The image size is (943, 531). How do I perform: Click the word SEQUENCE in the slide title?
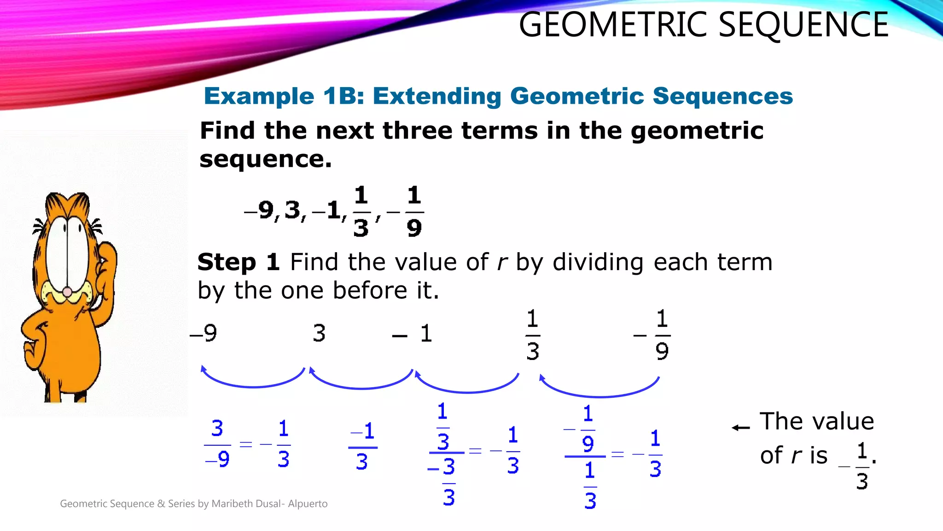pos(803,25)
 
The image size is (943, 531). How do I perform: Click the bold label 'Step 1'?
pos(239,262)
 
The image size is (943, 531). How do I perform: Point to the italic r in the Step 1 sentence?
pos(502,263)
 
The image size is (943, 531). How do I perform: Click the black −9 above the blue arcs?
pos(204,333)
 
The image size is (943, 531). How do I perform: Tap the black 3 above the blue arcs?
pos(319,333)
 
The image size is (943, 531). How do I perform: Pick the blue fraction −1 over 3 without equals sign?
pos(362,447)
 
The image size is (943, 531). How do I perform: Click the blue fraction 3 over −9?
pos(217,444)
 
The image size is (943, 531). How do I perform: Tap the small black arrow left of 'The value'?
pos(741,428)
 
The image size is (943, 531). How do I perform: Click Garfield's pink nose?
pos(67,292)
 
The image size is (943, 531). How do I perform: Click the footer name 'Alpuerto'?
pos(308,504)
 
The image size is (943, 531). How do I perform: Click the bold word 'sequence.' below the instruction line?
pos(265,159)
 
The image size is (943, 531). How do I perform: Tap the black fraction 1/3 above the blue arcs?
pos(533,335)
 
